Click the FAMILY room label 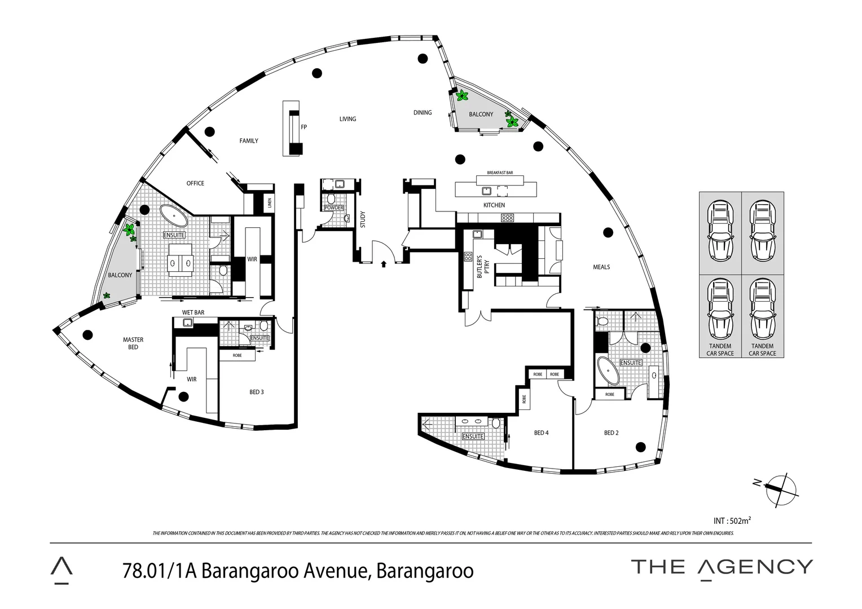(x=249, y=141)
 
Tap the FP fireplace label (x=304, y=127)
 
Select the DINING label (x=422, y=113)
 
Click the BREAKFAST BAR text (x=499, y=173)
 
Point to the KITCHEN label (x=494, y=205)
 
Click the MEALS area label (x=601, y=267)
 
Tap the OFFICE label (x=195, y=183)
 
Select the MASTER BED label (x=133, y=343)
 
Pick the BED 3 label (x=257, y=392)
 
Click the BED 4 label (x=541, y=433)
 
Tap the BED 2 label (x=611, y=433)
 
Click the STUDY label (x=363, y=219)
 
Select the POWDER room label (x=333, y=208)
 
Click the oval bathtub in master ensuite (x=175, y=215)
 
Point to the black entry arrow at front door (x=384, y=263)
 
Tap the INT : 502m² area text (x=732, y=520)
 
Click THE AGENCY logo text (x=722, y=567)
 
